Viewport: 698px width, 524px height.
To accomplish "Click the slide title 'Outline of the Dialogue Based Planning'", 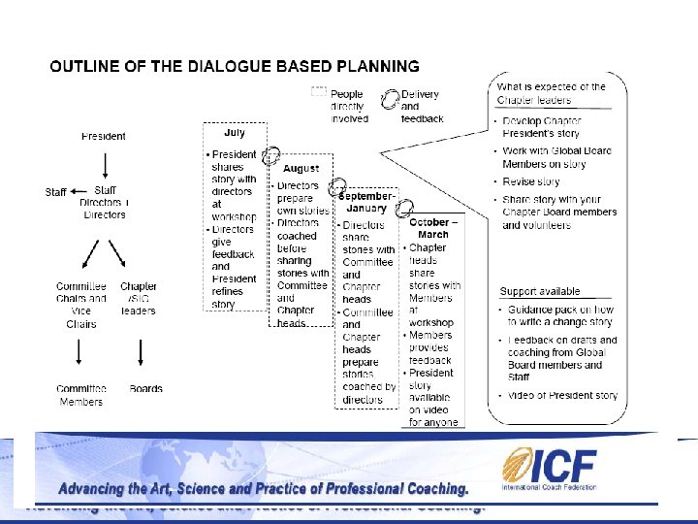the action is point(235,67).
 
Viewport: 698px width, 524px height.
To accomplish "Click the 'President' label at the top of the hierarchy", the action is point(103,136).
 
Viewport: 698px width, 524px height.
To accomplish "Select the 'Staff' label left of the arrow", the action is point(56,191).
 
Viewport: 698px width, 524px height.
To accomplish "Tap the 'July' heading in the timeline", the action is point(235,133).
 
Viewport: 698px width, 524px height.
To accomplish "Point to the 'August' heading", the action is point(301,169).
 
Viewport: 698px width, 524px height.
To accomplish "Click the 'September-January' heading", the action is point(367,201).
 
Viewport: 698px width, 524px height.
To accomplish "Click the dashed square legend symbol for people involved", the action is point(318,92).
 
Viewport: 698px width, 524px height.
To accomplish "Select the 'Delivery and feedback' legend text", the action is point(421,107).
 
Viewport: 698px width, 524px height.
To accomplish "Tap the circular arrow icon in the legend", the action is point(390,99).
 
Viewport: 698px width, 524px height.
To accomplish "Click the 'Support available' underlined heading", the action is point(539,291).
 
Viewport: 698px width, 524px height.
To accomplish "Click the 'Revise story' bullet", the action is point(530,181).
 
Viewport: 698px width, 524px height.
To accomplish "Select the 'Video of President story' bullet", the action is point(562,396).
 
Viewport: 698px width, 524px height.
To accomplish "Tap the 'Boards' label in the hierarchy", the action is point(145,389).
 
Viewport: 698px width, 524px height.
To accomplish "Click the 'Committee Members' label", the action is point(80,395).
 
